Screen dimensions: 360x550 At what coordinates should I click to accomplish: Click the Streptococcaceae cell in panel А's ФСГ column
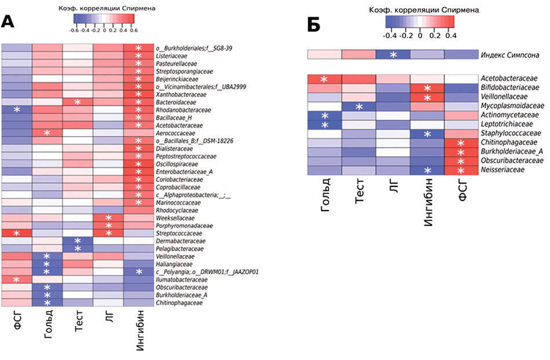point(16,233)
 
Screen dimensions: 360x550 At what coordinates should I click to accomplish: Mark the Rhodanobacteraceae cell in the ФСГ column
point(16,109)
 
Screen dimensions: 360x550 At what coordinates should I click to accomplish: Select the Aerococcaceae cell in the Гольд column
point(47,133)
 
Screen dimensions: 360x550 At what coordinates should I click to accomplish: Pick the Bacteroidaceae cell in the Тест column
point(78,102)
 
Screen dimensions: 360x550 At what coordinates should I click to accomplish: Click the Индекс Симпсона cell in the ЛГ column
point(393,54)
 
